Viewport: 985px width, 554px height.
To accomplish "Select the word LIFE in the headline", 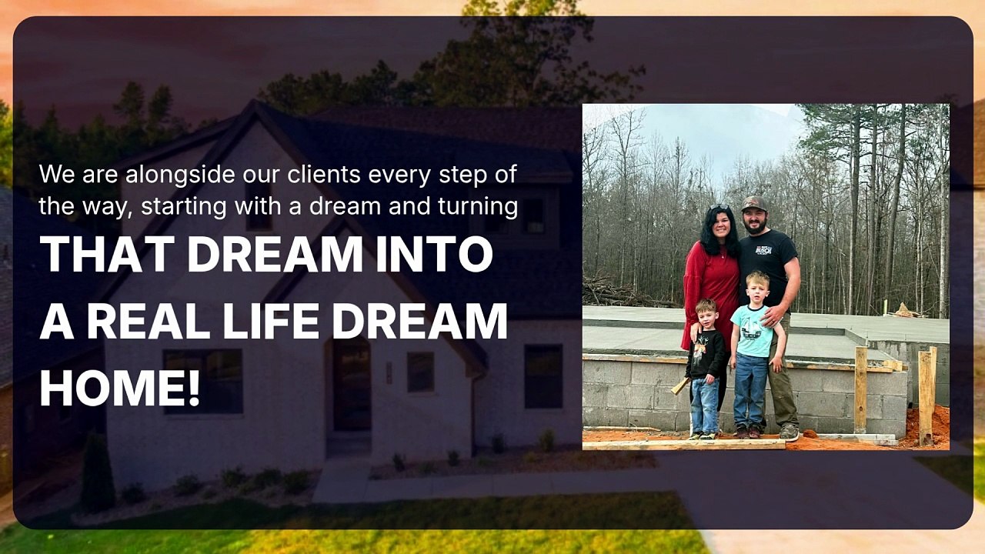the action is [270, 321].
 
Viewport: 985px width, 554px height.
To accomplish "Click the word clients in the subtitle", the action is [324, 174].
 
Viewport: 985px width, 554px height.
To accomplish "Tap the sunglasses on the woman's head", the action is [718, 207].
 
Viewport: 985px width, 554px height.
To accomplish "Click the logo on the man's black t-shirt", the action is [763, 250].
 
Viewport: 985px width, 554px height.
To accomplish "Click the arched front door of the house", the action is [352, 384].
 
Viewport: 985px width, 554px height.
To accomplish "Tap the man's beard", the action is [756, 227].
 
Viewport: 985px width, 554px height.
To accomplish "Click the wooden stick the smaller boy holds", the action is [680, 385].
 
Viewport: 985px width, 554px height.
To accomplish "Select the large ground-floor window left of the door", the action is [202, 381].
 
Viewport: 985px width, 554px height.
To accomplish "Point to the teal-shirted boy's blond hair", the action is [757, 279].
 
